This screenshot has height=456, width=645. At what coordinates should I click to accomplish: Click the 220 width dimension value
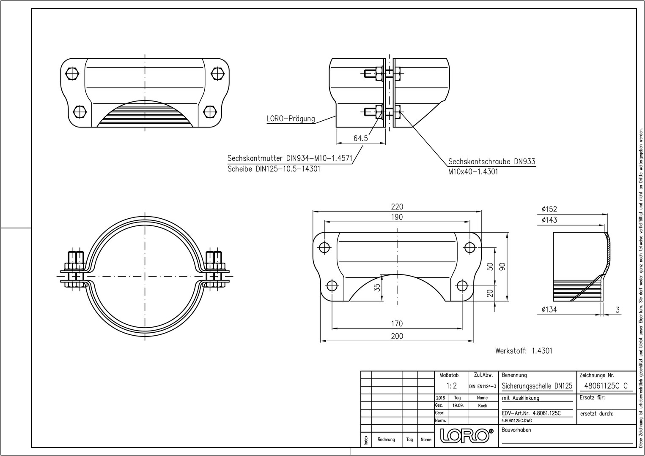pyautogui.click(x=397, y=207)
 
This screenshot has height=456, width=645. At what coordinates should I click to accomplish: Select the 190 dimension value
pyautogui.click(x=397, y=217)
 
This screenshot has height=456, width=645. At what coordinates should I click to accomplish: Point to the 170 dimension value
pyautogui.click(x=397, y=324)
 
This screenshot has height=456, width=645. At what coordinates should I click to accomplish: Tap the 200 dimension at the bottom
pyautogui.click(x=397, y=336)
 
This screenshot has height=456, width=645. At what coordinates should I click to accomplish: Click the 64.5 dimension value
pyautogui.click(x=360, y=138)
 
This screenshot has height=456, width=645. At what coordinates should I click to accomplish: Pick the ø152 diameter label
pyautogui.click(x=549, y=209)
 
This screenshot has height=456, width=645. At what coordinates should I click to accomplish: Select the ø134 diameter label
pyautogui.click(x=549, y=309)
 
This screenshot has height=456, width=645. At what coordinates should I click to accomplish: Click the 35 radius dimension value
pyautogui.click(x=377, y=288)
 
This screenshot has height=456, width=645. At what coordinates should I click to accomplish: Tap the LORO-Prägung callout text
pyautogui.click(x=290, y=119)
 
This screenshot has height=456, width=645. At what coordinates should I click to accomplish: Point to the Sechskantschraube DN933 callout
pyautogui.click(x=491, y=162)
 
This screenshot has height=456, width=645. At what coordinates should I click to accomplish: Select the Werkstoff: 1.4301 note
pyautogui.click(x=524, y=351)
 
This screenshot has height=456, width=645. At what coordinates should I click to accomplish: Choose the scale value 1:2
pyautogui.click(x=451, y=386)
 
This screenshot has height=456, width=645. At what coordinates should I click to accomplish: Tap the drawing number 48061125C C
pyautogui.click(x=605, y=386)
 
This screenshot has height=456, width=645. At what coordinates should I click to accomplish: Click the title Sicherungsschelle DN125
pyautogui.click(x=537, y=386)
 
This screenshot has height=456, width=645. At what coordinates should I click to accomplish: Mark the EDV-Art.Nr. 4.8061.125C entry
pyautogui.click(x=531, y=413)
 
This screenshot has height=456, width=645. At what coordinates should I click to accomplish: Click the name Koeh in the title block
pyautogui.click(x=482, y=406)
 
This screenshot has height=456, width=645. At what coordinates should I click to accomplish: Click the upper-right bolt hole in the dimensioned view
pyautogui.click(x=469, y=247)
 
